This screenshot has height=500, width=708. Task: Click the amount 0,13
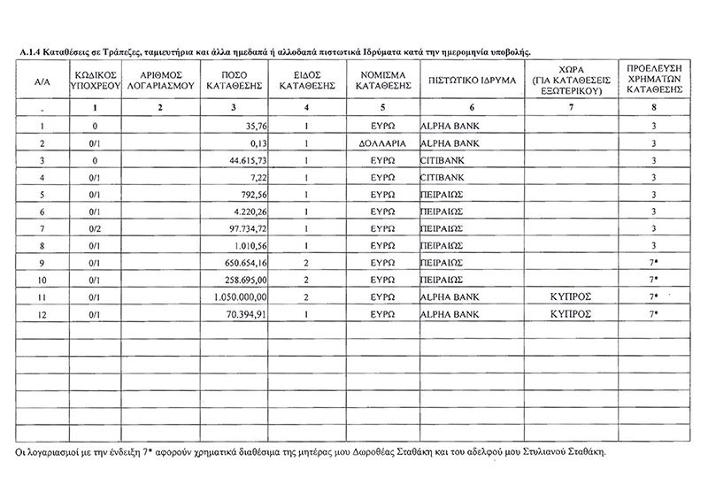tap(258, 143)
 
